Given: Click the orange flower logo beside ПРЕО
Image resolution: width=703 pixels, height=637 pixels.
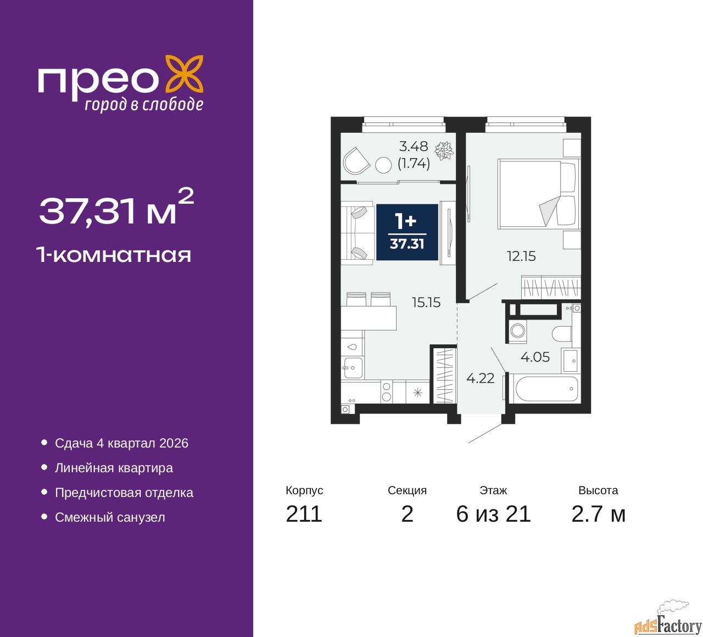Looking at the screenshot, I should click(x=185, y=74).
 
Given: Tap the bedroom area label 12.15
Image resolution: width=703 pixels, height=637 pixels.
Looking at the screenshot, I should click(x=521, y=256).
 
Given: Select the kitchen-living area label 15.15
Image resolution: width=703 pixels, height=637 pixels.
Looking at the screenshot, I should click(x=426, y=302).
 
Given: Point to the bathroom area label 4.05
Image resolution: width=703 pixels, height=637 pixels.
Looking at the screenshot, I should click(x=535, y=357).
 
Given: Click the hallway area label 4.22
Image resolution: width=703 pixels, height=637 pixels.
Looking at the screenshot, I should click(x=480, y=378).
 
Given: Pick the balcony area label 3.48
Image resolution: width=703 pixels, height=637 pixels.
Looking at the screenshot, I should click(x=414, y=147).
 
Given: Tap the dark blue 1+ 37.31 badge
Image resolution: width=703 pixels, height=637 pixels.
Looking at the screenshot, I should click(x=407, y=232).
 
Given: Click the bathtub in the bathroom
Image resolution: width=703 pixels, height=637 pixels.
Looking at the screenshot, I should click(x=546, y=389).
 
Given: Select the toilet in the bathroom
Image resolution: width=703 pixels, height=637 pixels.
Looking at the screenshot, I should click(x=562, y=334).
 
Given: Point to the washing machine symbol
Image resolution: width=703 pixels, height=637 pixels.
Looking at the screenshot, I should click(x=517, y=331).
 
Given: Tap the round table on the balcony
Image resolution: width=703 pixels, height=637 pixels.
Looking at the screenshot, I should click(x=383, y=164).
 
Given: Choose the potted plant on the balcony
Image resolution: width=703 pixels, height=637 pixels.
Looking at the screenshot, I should click(x=444, y=150).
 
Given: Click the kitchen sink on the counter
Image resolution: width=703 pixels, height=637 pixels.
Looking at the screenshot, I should click(x=352, y=347).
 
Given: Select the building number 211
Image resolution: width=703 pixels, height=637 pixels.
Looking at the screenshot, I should click(x=304, y=514).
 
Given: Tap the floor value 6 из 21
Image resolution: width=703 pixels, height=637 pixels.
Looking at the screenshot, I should click(x=493, y=514).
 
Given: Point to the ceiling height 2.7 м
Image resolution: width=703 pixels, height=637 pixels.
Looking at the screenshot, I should click(x=598, y=514).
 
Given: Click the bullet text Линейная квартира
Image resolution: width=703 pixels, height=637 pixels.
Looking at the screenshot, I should click(x=114, y=468).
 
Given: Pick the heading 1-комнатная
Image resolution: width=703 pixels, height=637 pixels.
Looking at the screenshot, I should click(x=114, y=255).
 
